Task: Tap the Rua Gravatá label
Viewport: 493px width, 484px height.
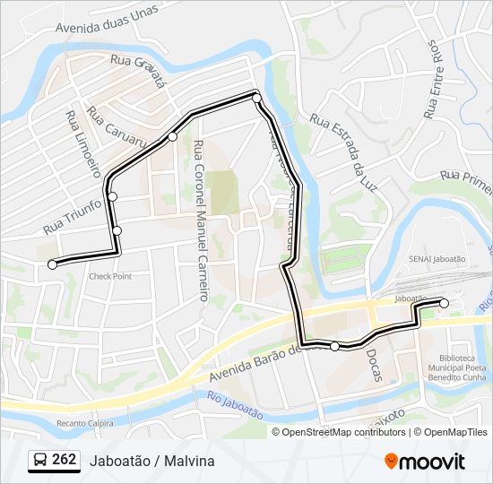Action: (140, 67)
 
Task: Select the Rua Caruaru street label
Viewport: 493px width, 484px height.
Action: (117, 131)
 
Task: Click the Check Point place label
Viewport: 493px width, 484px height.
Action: (109, 276)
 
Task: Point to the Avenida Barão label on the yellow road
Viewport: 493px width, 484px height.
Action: (260, 362)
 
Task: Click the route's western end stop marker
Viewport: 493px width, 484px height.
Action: (52, 264)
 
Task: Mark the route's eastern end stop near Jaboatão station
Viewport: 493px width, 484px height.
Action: (444, 303)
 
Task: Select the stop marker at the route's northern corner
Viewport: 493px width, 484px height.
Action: (256, 97)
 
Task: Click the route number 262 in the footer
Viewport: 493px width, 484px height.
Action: (64, 460)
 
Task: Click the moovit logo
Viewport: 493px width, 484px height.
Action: (425, 462)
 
